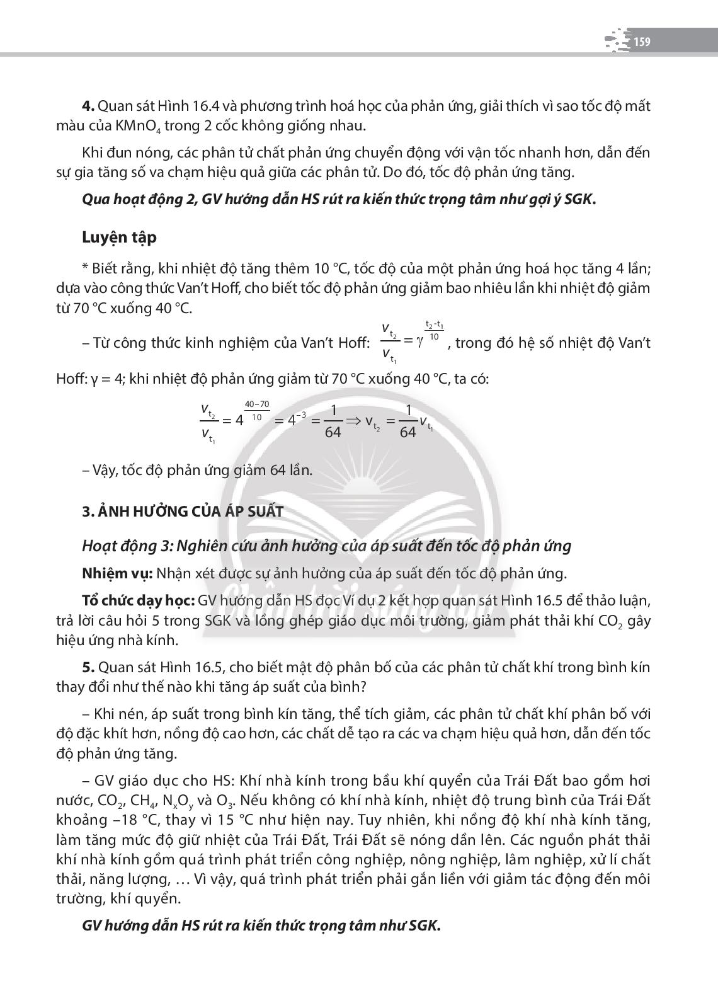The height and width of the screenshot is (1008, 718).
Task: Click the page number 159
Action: click(642, 42)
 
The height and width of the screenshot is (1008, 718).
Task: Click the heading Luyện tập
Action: click(119, 238)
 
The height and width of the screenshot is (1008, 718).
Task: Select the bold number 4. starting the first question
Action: click(88, 106)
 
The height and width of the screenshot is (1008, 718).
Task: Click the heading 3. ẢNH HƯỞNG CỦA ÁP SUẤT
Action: click(183, 511)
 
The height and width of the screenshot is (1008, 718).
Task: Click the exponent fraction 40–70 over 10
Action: click(256, 410)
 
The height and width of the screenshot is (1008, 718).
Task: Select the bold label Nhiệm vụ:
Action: click(117, 573)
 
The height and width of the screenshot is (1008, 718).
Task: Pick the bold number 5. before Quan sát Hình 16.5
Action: click(88, 667)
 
